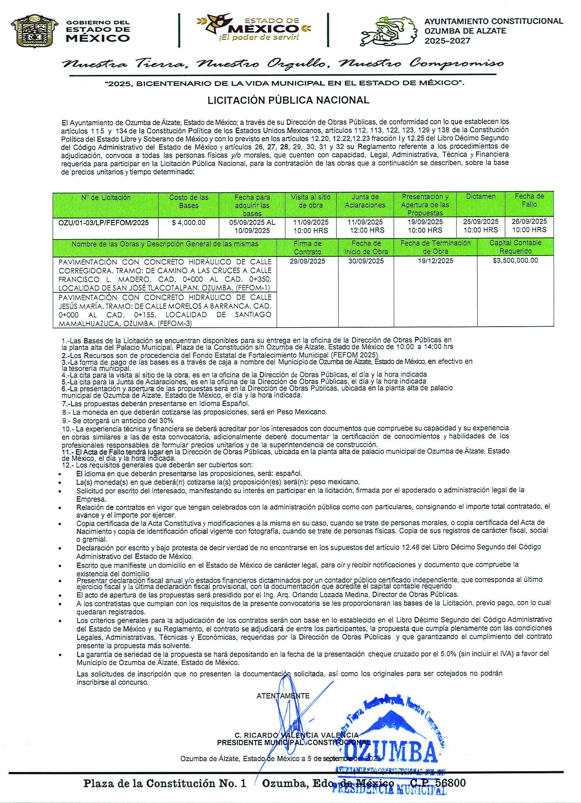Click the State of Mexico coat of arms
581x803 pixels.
pos(34,31)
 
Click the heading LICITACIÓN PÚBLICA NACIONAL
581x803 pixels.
pos(288,100)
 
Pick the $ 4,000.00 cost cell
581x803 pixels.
pos(189,222)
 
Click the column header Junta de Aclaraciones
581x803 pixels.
pos(365,201)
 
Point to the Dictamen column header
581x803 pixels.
pos(481,197)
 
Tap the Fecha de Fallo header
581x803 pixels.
pos(529,200)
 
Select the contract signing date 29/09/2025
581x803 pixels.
pos(307,261)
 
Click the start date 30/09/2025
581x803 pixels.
pos(366,261)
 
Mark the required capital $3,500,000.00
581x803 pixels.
pos(515,260)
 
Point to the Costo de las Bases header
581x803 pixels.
pos(189,201)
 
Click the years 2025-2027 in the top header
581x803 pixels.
pos(447,41)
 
